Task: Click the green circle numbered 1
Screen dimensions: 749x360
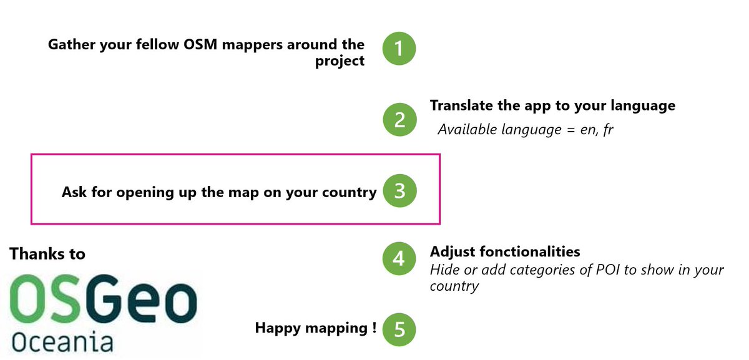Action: coord(399,49)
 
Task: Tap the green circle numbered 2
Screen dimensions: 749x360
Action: coord(399,119)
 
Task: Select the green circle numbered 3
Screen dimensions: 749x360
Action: coord(399,191)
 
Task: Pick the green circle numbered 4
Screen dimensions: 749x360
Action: coord(399,258)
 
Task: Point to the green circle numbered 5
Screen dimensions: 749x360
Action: coord(399,329)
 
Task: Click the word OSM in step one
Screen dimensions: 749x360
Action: coord(200,44)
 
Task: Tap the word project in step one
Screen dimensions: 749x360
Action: coord(340,62)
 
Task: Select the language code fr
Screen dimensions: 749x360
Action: coord(609,129)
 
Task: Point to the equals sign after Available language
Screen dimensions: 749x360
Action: coord(570,130)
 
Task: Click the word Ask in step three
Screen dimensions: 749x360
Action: coord(74,192)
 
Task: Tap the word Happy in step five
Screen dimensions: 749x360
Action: coord(278,328)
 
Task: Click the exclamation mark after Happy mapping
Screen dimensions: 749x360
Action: coord(374,328)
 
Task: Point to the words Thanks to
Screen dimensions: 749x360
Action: coord(47,253)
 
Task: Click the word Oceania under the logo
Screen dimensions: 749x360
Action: coord(62,342)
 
